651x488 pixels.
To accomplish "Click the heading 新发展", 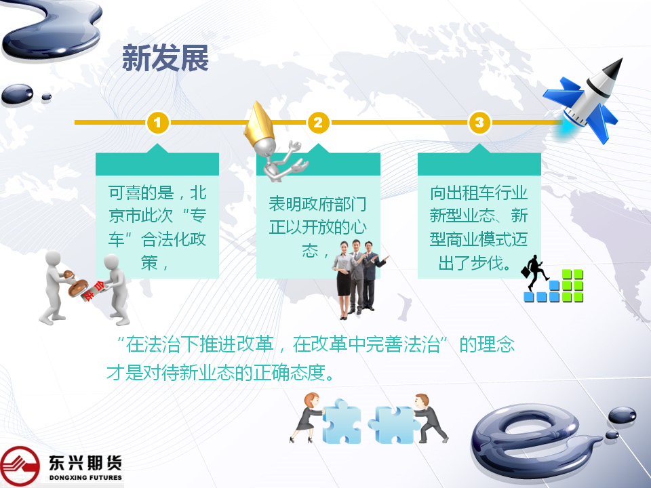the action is [x=165, y=58].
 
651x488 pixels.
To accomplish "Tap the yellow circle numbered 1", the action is [x=157, y=123].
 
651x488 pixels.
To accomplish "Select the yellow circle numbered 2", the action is [x=319, y=123].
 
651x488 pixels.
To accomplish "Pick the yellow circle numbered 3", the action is [x=479, y=123].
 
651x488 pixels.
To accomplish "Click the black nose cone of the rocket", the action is [x=614, y=68].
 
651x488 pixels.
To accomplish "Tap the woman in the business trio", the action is [x=344, y=280].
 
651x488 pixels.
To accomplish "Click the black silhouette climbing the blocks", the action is [x=534, y=272].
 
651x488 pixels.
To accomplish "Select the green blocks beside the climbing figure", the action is [x=572, y=285].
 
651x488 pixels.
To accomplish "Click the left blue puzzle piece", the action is [x=341, y=422].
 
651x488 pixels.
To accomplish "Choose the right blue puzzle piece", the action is [x=393, y=424].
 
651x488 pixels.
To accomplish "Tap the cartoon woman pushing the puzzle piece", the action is [x=307, y=417].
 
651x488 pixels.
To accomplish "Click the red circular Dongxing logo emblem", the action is [x=20, y=466].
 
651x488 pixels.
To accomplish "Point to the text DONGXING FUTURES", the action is [x=85, y=478].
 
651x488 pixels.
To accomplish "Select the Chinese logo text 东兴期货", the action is [x=85, y=463].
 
